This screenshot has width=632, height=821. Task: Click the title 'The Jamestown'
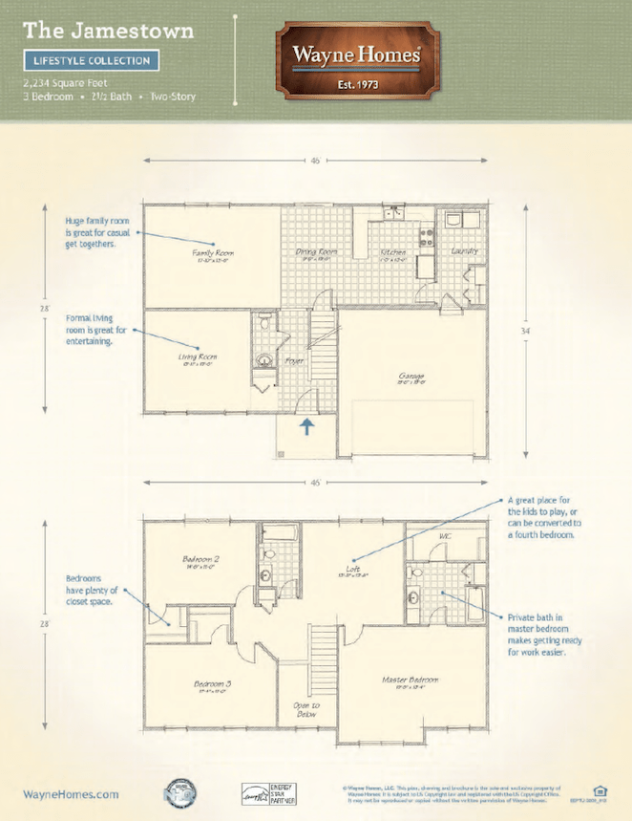(x=108, y=30)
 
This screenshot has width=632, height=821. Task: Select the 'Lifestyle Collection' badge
(x=92, y=60)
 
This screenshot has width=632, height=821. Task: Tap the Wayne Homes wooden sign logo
(x=356, y=60)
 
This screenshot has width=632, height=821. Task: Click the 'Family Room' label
(x=213, y=253)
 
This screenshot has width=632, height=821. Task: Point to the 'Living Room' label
(x=197, y=357)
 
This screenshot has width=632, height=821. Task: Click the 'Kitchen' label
(x=393, y=252)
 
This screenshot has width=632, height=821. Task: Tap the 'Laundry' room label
(x=464, y=250)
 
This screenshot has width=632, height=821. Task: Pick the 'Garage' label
(x=411, y=376)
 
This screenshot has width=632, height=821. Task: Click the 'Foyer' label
(x=295, y=361)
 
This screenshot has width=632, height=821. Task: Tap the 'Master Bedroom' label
(x=410, y=680)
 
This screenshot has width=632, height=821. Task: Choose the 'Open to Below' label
(x=306, y=709)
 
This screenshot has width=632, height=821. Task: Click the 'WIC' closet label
(x=443, y=536)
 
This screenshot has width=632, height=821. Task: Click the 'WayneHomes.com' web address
(x=71, y=793)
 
